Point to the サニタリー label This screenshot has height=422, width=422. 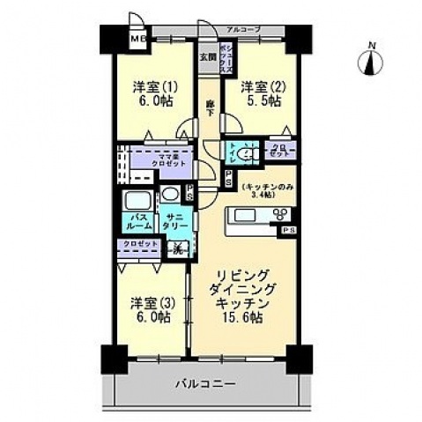(174, 220)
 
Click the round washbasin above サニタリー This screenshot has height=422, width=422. (169, 195)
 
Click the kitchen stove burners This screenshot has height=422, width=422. (282, 217)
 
